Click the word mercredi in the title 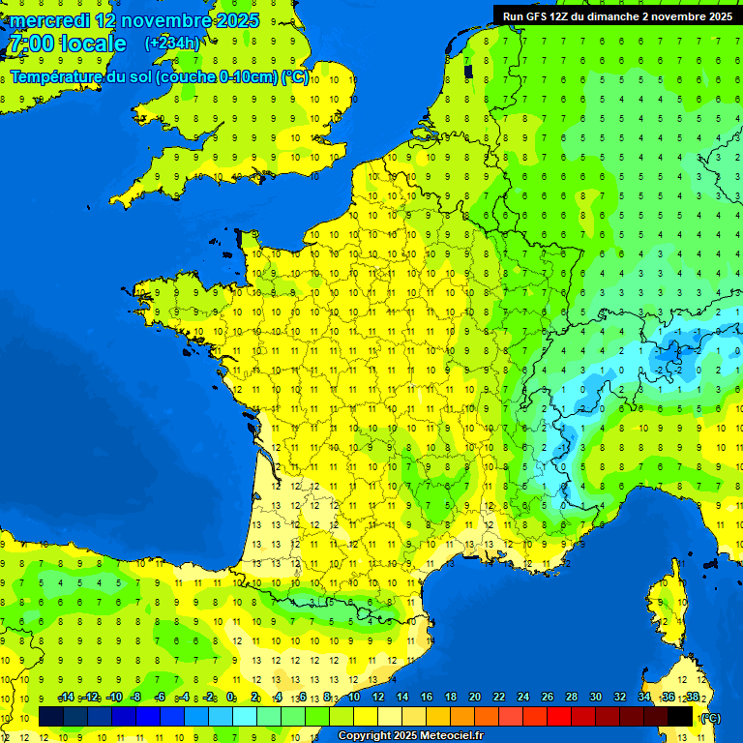(x=49, y=20)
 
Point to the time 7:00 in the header (x=30, y=44)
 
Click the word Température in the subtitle (x=56, y=77)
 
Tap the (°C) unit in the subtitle (x=294, y=77)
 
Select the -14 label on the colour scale (x=66, y=698)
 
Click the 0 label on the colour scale (x=230, y=698)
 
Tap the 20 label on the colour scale (x=474, y=698)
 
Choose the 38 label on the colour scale (x=693, y=698)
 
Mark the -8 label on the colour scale (x=135, y=698)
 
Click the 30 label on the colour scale (x=595, y=698)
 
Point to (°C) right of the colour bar (x=709, y=717)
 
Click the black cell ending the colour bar (x=680, y=717)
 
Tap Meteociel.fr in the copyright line (x=451, y=736)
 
